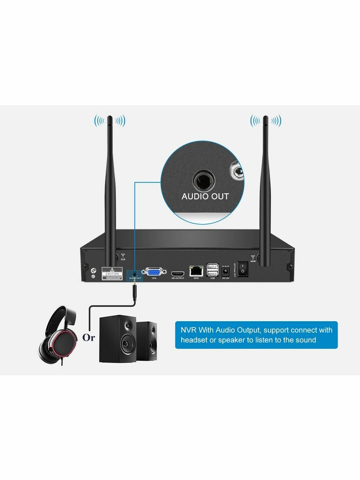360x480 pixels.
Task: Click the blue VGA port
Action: coord(154,272)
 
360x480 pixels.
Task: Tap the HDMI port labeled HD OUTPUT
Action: coord(178,274)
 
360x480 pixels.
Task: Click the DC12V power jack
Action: coord(225,272)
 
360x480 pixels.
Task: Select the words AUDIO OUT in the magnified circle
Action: coord(205,196)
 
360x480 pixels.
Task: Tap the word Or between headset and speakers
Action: coord(88,338)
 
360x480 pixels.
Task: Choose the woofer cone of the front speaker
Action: coord(126,344)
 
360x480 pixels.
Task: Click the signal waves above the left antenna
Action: coord(110,120)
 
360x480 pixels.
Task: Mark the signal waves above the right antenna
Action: coord(266,120)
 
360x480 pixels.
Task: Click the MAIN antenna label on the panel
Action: coord(252,259)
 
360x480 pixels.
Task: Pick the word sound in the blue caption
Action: coord(305,340)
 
